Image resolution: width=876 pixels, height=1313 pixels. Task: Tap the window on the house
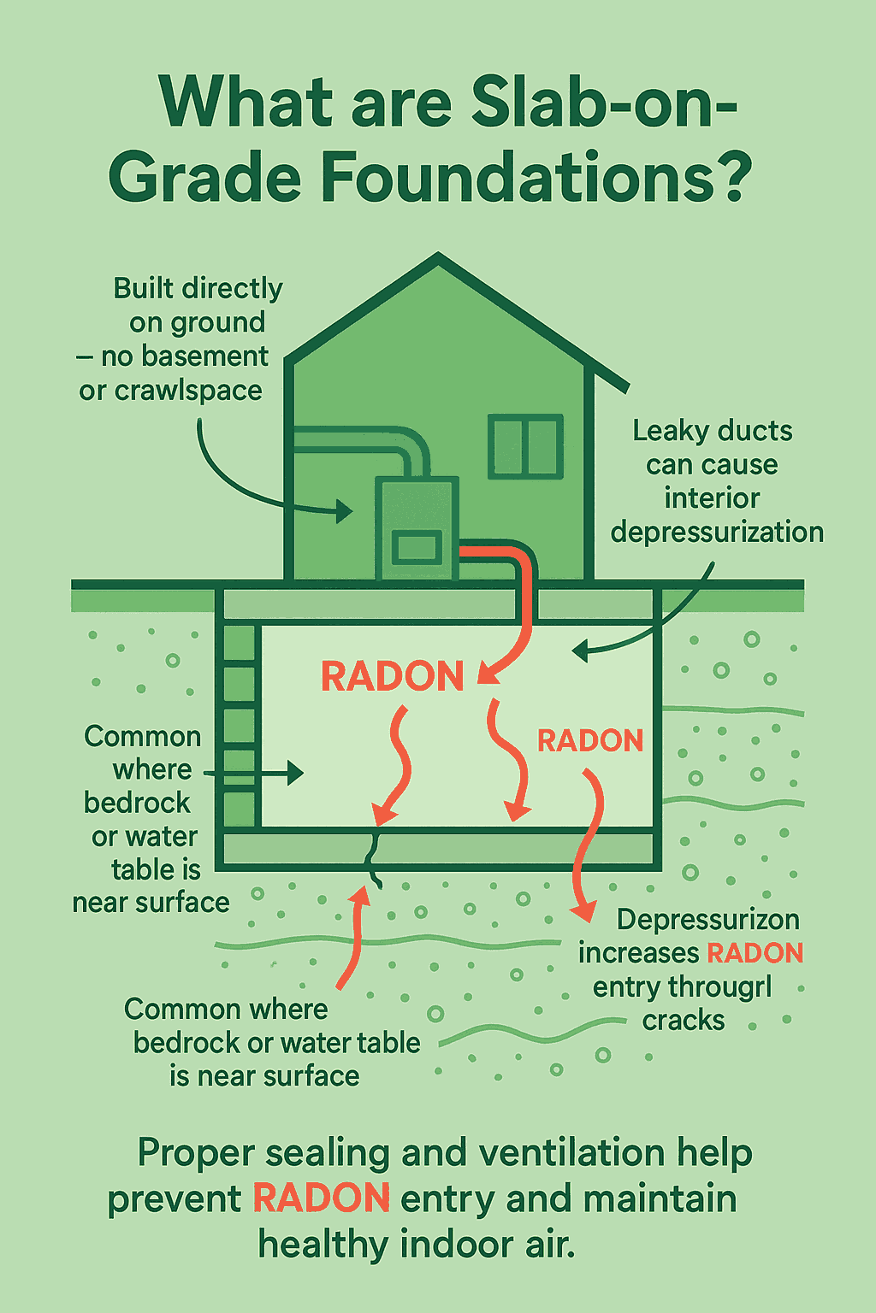coord(525,446)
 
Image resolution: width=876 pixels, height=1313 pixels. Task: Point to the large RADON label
coord(392,676)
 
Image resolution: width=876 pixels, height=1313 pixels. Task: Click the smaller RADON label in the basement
coord(589,740)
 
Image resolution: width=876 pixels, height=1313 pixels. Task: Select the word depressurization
coord(717,532)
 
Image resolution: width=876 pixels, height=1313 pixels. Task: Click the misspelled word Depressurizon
coord(708,920)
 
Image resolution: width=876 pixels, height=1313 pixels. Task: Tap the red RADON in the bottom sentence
coord(322,1198)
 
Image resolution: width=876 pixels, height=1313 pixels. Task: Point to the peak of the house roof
coord(438,256)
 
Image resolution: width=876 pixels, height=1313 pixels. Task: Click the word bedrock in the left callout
coord(137,803)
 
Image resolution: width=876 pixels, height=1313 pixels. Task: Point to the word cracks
coord(684,1021)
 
